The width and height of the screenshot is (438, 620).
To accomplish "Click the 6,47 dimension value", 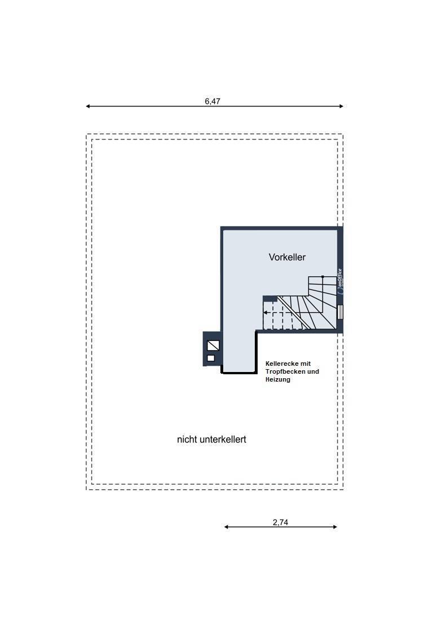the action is tap(213, 101).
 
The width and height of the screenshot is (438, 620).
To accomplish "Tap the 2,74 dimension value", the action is tap(280, 522).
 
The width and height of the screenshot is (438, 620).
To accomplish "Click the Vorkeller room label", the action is tap(287, 257).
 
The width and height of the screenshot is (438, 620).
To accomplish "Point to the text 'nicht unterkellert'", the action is tap(211, 439).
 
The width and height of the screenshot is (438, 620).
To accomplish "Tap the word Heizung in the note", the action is tap(278, 379).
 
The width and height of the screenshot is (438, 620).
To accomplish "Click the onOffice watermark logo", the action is tap(340, 281).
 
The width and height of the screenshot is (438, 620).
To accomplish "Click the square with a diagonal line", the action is tap(213, 346).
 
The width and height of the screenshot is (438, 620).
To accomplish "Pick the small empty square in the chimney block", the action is tap(211, 358).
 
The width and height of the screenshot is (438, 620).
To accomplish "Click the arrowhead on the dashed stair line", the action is tap(266, 312).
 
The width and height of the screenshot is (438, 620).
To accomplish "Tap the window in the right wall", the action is tap(340, 312).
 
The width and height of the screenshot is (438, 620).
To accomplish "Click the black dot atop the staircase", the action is tap(322, 277).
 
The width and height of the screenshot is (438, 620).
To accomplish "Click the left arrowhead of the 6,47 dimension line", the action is tap(88, 106).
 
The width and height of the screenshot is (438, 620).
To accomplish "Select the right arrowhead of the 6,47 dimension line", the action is tap(342, 106).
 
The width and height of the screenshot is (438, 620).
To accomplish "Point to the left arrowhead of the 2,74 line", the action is tap(226, 526).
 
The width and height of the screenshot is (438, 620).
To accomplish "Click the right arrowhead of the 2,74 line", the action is tap(335, 526).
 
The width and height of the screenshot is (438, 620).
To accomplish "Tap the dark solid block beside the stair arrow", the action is tap(270, 299).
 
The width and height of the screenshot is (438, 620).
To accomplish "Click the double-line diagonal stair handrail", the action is tap(294, 313).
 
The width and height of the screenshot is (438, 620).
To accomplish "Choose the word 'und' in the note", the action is tap(313, 371).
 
